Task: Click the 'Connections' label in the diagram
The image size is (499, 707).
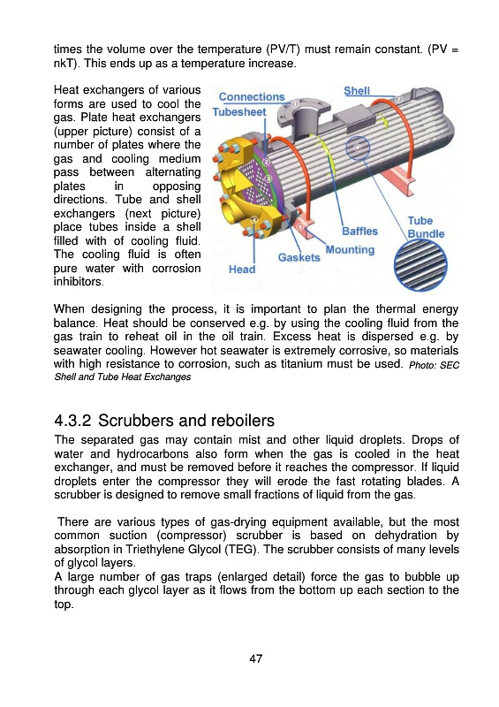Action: (252, 97)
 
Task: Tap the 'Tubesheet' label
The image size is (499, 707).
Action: (239, 112)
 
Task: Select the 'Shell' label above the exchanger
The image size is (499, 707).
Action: (357, 91)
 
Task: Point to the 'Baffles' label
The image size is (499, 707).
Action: (359, 232)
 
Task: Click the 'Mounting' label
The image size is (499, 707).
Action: (350, 250)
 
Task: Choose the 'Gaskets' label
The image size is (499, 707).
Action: (299, 257)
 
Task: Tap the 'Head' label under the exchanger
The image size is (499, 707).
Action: (242, 270)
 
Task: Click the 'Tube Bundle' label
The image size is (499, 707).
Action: (426, 227)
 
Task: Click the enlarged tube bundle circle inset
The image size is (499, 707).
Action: (420, 265)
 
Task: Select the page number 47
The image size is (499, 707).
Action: (255, 658)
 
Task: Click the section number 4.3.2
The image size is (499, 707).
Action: (72, 421)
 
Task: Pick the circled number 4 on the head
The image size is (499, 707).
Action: (253, 219)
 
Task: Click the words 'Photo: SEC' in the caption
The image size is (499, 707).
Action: (435, 365)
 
